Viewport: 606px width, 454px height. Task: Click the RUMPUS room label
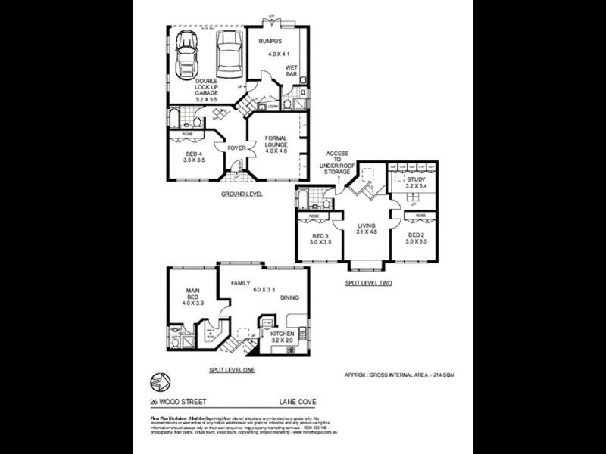coord(270,40)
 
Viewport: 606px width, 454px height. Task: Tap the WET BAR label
coord(292,70)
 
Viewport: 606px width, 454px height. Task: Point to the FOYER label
coord(236,148)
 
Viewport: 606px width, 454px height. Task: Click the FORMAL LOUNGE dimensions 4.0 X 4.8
coord(276,151)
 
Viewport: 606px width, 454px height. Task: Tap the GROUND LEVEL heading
coord(242,194)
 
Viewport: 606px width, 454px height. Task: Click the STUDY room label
coord(416,179)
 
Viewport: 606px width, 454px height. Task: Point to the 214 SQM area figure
coord(442,375)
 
